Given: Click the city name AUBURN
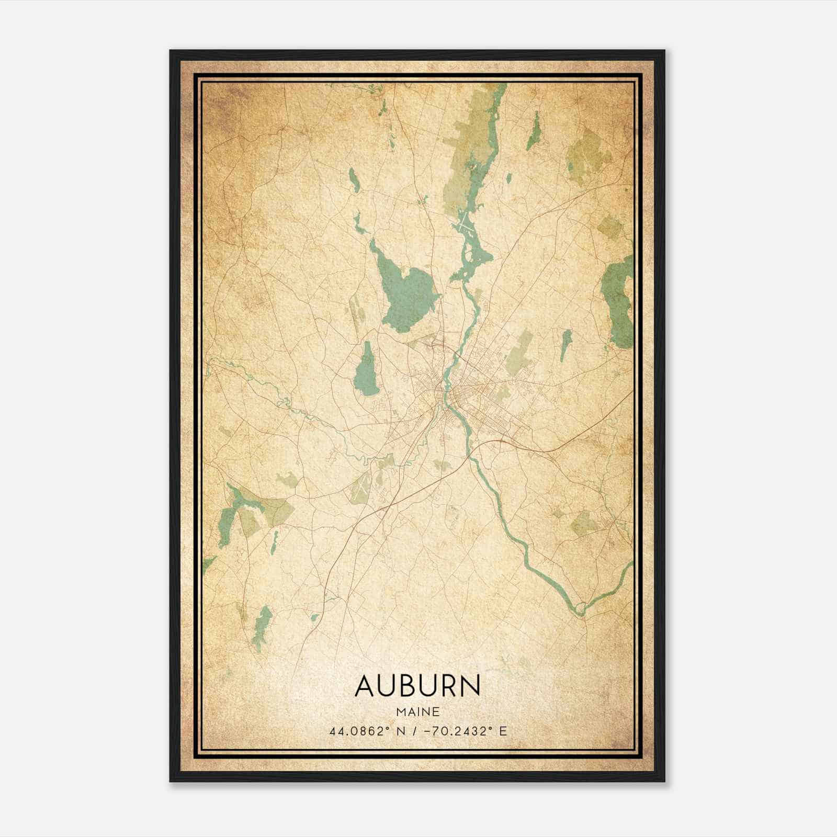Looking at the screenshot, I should pos(417,686).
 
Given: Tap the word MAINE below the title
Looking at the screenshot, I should pos(417,711).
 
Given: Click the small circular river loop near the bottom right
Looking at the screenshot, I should pos(579,608).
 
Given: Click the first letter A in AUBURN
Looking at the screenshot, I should pos(366,686).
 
